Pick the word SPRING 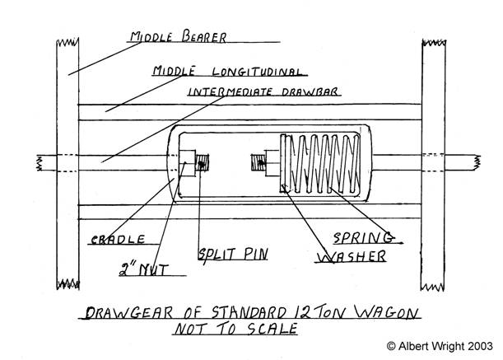pyautogui.click(x=362, y=239)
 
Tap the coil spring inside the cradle pyautogui.click(x=325, y=164)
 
